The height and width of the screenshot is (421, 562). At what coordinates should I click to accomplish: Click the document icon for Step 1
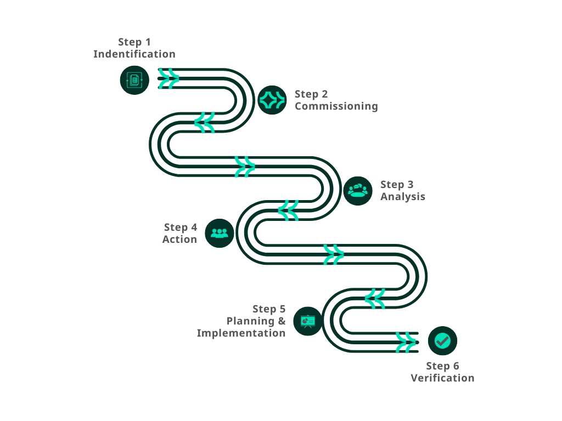[134, 80]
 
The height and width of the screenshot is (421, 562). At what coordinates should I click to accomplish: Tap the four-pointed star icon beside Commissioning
[272, 100]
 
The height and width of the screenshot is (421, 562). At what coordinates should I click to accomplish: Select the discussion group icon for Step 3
[358, 191]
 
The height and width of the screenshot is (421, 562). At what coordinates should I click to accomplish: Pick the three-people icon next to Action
[220, 234]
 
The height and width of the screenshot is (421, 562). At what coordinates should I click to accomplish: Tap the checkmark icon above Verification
[442, 341]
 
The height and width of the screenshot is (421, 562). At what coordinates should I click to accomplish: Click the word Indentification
[134, 54]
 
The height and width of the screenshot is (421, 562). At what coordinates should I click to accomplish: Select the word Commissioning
[336, 106]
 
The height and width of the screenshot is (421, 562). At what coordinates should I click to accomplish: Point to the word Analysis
[403, 196]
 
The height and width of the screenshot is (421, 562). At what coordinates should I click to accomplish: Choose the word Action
[179, 239]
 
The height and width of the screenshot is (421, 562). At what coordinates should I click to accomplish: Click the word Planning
[251, 321]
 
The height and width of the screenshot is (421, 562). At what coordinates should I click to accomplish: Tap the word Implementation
[241, 333]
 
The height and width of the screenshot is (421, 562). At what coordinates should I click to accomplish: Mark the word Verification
[442, 378]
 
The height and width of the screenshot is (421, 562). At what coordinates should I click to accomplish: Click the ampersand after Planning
[282, 321]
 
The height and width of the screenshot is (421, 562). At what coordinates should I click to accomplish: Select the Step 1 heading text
[134, 42]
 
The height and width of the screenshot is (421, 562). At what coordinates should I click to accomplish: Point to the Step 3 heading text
[397, 184]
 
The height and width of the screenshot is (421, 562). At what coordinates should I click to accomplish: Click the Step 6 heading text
[442, 366]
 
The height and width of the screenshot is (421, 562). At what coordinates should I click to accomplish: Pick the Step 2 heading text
[311, 94]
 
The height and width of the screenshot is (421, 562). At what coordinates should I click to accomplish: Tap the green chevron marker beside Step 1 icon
[168, 78]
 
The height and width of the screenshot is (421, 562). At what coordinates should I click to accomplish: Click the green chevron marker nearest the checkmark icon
[406, 342]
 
